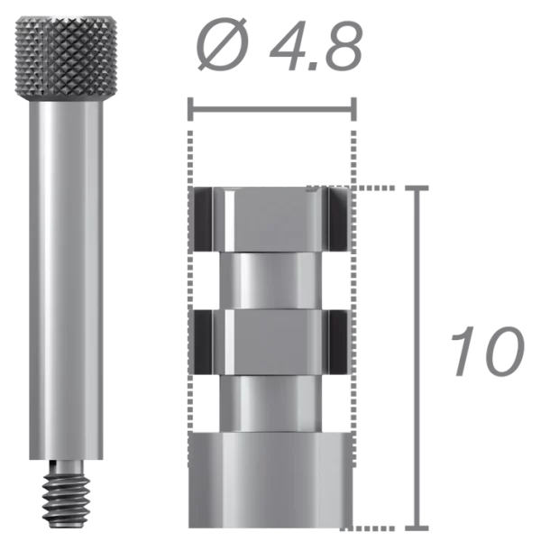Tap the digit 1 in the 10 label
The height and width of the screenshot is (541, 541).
click(462, 353)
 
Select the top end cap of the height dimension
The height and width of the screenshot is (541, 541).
click(416, 188)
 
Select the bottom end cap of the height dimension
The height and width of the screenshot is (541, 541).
click(416, 523)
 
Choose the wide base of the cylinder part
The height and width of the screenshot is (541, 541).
click(271, 478)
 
